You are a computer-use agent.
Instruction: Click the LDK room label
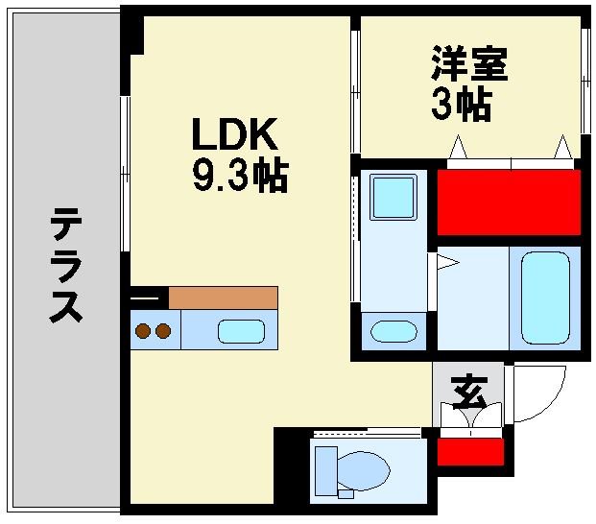click(236, 133)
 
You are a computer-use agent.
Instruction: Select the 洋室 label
click(468, 63)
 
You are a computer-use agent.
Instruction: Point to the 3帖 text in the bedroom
click(461, 105)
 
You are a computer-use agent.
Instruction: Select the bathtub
click(544, 296)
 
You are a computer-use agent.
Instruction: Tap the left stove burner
click(142, 332)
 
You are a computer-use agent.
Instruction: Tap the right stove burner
click(162, 332)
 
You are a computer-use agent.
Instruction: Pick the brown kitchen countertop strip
click(223, 297)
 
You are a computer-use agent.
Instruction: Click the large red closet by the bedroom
click(509, 202)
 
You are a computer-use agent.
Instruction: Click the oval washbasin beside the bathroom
click(393, 332)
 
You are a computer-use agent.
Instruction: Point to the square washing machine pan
click(393, 197)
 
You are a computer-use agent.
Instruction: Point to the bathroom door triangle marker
click(445, 261)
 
